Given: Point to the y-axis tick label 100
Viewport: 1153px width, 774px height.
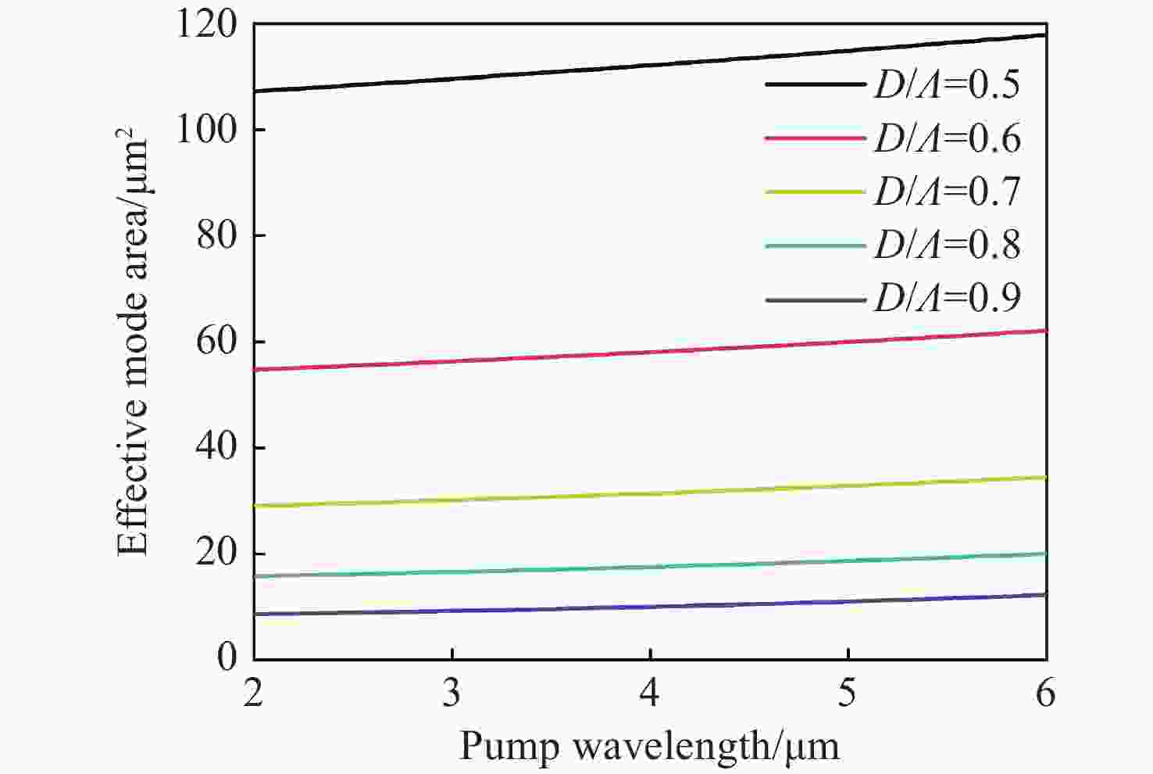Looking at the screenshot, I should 206,130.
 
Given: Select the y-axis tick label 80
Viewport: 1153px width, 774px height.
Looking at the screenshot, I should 216,235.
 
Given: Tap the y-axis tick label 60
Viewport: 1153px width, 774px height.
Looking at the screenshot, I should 216,342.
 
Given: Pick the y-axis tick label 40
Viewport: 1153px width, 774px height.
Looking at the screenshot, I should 216,448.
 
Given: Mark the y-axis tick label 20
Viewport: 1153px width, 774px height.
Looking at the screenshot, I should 216,554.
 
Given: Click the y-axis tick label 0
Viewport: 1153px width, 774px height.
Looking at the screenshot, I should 227,657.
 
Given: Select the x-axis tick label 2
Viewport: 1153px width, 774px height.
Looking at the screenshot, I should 253,693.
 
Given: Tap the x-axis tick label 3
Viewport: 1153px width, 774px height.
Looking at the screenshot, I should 452,693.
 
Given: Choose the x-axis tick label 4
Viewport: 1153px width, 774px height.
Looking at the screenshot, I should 650,693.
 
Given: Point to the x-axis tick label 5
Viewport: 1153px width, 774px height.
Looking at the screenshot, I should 848,693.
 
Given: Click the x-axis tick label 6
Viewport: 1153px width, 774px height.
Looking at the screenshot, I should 1046,693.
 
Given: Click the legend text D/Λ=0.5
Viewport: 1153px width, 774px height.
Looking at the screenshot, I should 947,84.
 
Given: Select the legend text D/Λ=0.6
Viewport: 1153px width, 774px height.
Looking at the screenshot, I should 947,138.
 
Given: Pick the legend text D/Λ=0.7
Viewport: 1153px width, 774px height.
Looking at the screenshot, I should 947,192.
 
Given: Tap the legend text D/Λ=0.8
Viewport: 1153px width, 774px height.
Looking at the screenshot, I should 947,245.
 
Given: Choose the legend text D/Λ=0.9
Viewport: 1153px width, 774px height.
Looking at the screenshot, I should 947,298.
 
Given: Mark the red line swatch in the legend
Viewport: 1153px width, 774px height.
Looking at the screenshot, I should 816,138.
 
